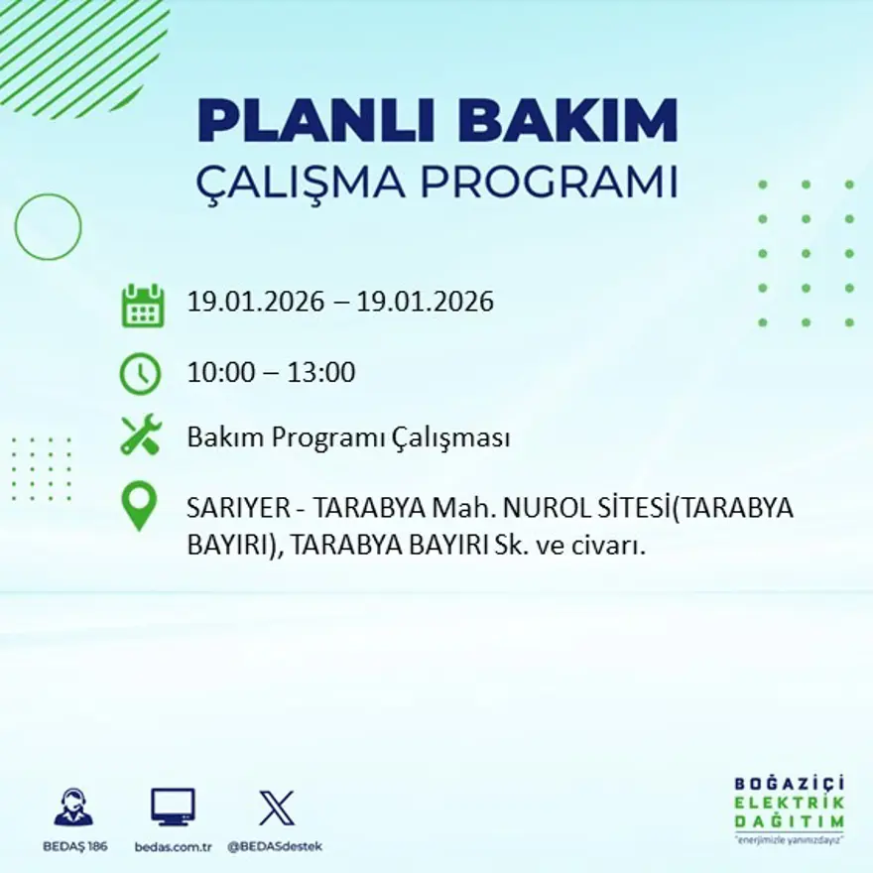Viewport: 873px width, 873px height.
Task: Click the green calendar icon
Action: pos(142,306)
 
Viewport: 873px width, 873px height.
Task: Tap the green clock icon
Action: pos(140,374)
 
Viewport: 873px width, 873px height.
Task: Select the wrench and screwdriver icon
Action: pos(140,436)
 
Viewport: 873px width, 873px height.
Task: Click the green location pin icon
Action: pos(140,505)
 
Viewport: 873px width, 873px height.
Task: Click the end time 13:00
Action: pos(320,373)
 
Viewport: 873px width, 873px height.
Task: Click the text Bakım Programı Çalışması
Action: pos(348,437)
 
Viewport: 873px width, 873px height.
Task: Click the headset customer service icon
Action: pos(73,808)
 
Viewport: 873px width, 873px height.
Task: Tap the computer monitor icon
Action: pos(173,807)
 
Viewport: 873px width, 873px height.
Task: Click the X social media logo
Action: pos(276,808)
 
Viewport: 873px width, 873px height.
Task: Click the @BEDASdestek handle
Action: pos(275,846)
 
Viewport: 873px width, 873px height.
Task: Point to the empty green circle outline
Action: pos(48,227)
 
